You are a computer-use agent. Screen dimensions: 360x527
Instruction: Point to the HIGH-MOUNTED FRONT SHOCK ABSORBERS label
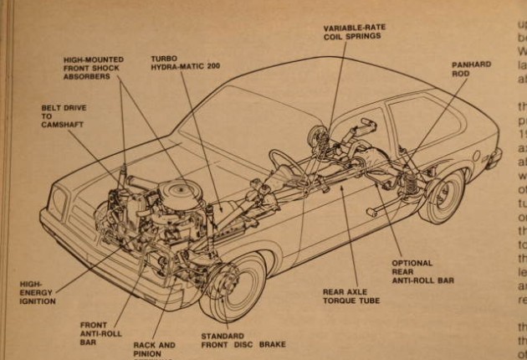click(98, 68)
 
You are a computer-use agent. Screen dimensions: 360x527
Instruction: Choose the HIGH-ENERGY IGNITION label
click(38, 291)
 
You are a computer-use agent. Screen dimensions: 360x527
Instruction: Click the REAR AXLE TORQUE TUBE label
click(350, 297)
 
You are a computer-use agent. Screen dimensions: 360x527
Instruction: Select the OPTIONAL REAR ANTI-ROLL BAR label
click(422, 272)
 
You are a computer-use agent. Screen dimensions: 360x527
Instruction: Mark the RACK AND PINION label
click(155, 348)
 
